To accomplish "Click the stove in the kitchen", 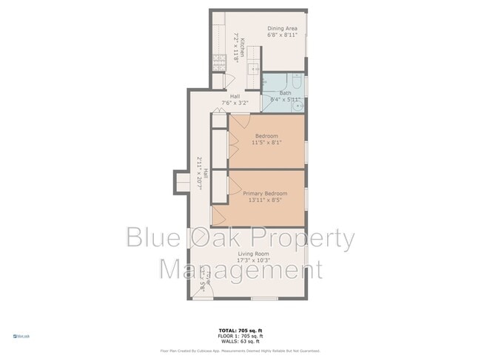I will click(x=219, y=62).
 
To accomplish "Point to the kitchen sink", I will click(x=253, y=71).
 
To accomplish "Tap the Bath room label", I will click(x=285, y=93).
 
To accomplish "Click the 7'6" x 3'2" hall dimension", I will click(x=235, y=103).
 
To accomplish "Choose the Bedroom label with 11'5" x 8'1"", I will click(x=266, y=136).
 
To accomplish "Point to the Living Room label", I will click(x=252, y=254).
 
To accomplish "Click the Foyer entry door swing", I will click(x=207, y=289).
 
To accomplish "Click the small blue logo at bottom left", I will click(x=21, y=337).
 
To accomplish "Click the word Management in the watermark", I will click(x=241, y=268).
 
